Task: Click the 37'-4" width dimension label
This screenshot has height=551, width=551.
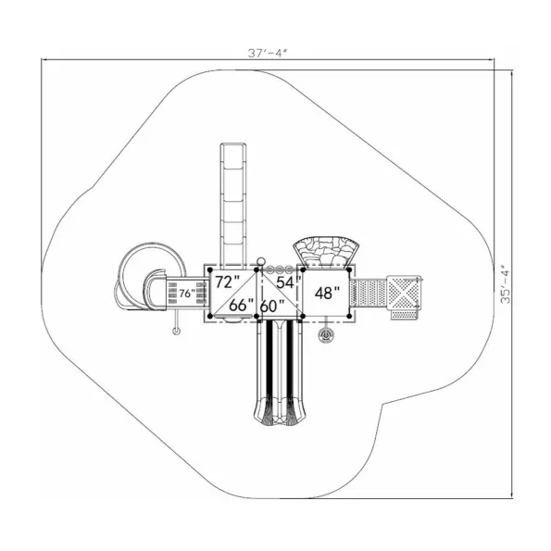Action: pyautogui.click(x=268, y=53)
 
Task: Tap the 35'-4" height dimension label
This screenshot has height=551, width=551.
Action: pyautogui.click(x=506, y=284)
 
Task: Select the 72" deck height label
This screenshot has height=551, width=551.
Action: pyautogui.click(x=227, y=282)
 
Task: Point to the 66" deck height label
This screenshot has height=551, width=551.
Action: pyautogui.click(x=241, y=306)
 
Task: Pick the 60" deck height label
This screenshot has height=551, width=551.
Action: pyautogui.click(x=272, y=307)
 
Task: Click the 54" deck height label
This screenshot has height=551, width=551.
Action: pyautogui.click(x=289, y=282)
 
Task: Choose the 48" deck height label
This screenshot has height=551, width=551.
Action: pyautogui.click(x=327, y=293)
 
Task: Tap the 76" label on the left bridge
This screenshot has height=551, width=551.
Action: pyautogui.click(x=186, y=294)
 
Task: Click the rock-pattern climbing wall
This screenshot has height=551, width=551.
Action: pyautogui.click(x=327, y=251)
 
